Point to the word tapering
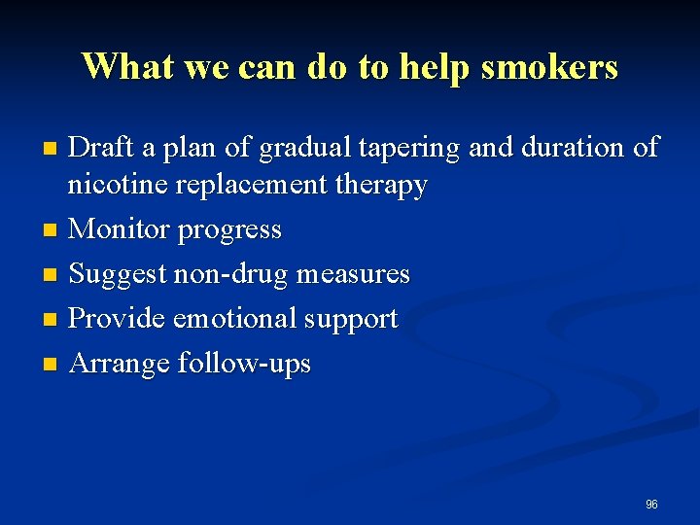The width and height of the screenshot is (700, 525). coord(406,150)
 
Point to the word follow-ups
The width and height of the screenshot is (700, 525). coord(244,365)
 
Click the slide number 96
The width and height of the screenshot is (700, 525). coord(651,505)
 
